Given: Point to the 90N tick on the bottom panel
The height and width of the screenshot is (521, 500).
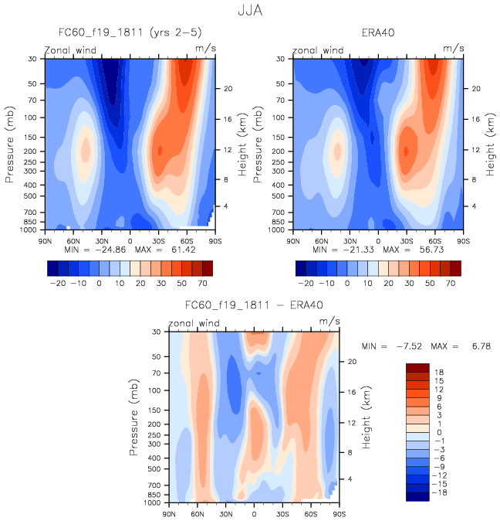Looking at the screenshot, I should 170,513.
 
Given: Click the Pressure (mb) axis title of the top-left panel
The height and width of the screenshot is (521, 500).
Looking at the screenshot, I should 11,145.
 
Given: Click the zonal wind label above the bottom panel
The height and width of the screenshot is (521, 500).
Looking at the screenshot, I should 194,323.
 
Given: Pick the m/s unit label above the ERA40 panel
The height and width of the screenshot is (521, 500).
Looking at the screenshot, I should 454,49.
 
